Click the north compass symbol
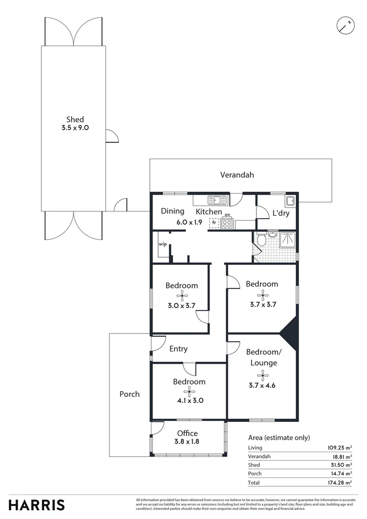[x=345, y=25]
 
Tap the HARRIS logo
[x=37, y=505]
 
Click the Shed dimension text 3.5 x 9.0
[x=75, y=128]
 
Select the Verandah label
[x=237, y=175]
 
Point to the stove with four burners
[x=227, y=223]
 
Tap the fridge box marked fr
[x=214, y=223]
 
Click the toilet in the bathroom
[x=261, y=239]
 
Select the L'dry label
[x=281, y=213]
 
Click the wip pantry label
[x=163, y=244]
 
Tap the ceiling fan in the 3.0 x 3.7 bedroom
[x=181, y=296]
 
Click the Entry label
[x=178, y=349]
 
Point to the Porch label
[x=130, y=394]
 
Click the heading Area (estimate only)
[x=279, y=437]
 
